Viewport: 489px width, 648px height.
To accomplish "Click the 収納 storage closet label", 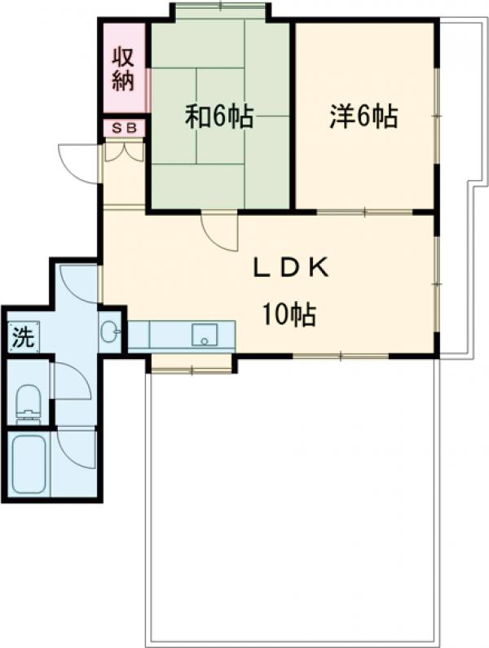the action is (x=124, y=69).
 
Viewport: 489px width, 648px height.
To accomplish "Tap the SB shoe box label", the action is (x=124, y=129).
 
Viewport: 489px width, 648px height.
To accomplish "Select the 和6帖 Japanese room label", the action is (x=219, y=117).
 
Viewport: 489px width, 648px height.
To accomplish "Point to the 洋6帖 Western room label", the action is (x=364, y=116).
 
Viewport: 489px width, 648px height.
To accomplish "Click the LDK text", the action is (x=291, y=268).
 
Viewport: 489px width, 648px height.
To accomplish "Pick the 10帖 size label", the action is (x=289, y=314).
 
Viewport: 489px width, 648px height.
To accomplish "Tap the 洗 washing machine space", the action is (x=23, y=337).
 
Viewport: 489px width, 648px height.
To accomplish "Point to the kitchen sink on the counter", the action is (x=205, y=335).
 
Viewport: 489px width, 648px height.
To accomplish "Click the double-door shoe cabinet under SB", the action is (x=124, y=151).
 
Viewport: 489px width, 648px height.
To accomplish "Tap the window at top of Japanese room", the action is (x=220, y=7).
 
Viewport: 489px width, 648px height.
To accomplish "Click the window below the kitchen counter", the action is (x=192, y=369).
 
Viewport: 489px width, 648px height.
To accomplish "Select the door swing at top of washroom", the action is (x=77, y=284).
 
